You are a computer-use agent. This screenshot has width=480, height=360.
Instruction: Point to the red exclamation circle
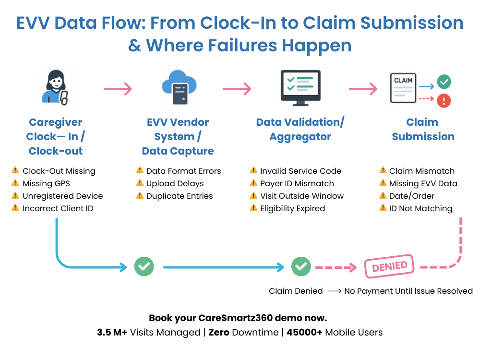pyautogui.click(x=444, y=100)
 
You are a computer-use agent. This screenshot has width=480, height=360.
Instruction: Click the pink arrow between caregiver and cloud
pyautogui.click(x=117, y=89)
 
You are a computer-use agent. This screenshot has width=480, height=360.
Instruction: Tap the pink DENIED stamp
pyautogui.click(x=389, y=266)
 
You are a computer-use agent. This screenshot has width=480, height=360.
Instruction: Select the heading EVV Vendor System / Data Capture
pyautogui.click(x=178, y=136)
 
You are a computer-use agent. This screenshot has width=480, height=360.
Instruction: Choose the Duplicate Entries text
pyautogui.click(x=179, y=196)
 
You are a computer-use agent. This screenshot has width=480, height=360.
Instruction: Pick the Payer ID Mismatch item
pyautogui.click(x=297, y=183)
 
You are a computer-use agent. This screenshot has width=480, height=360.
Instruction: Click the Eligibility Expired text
pyautogui.click(x=292, y=208)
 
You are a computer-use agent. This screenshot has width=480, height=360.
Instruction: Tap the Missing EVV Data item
pyautogui.click(x=423, y=183)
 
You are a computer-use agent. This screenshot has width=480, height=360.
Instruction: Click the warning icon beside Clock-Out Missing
pyautogui.click(x=15, y=170)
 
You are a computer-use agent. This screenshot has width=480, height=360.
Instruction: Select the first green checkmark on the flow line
pyautogui.click(x=144, y=266)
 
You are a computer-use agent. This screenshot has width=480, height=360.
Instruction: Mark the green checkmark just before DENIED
pyautogui.click(x=301, y=266)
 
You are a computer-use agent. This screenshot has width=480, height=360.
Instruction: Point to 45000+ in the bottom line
pyautogui.click(x=305, y=332)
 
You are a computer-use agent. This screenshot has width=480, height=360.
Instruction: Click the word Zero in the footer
pyautogui.click(x=219, y=332)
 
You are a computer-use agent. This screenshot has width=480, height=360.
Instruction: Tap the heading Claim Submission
pyautogui.click(x=423, y=129)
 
